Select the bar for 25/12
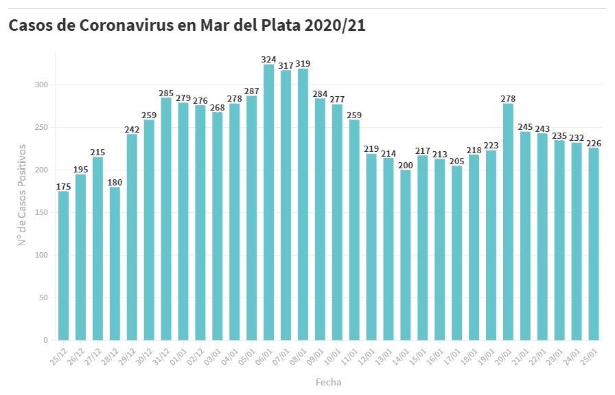click(63, 266)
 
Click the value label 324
click(268, 60)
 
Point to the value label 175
click(63, 186)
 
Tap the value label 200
click(406, 165)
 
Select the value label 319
click(303, 64)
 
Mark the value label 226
click(594, 143)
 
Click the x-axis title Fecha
click(328, 382)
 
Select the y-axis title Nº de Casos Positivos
click(23, 194)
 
